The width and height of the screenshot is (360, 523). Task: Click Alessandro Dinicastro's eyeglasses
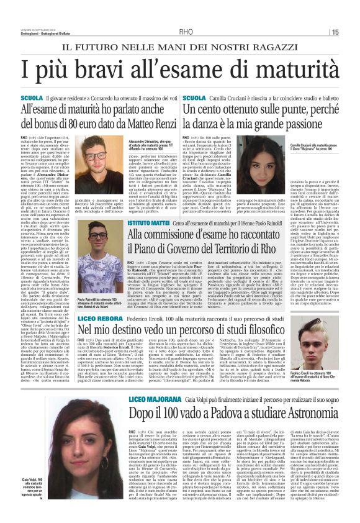[96, 155]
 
